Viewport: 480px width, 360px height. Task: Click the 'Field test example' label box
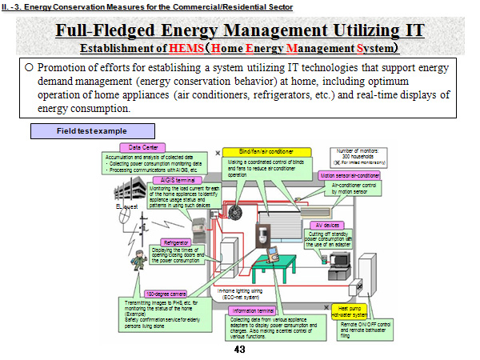pyautogui.click(x=89, y=131)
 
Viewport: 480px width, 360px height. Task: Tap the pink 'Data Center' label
pyautogui.click(x=142, y=147)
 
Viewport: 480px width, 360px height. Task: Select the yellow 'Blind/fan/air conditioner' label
pyautogui.click(x=258, y=152)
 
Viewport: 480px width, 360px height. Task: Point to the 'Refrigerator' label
pyautogui.click(x=177, y=242)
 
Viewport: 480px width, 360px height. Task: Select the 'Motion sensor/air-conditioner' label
pyautogui.click(x=350, y=174)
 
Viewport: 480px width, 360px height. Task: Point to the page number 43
pyautogui.click(x=239, y=350)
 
